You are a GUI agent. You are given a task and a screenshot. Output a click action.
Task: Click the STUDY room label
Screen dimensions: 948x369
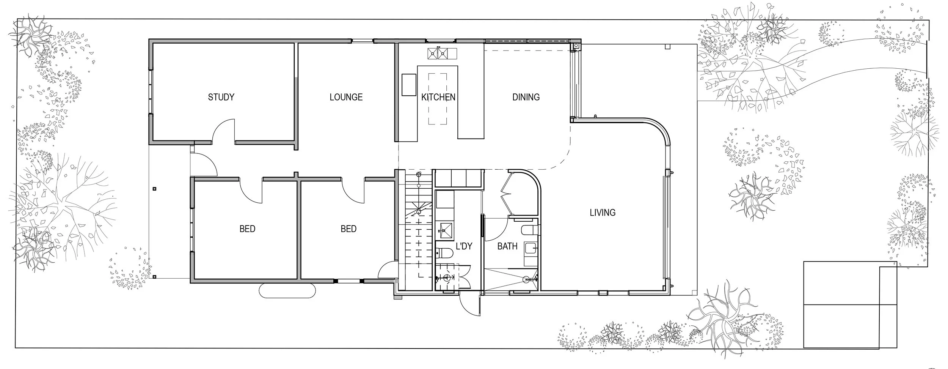(221, 97)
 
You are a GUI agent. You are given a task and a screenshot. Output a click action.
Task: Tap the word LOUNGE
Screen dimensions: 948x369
(346, 97)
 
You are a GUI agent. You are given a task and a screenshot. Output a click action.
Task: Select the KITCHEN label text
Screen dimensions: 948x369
(438, 97)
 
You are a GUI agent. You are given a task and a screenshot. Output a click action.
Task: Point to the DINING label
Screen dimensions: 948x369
(526, 97)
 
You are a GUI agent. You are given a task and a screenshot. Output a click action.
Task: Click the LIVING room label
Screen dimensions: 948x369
(603, 213)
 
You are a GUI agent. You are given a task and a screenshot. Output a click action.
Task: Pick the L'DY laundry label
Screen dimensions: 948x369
(464, 246)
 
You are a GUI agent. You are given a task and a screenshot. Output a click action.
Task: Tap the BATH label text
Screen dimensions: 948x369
(507, 246)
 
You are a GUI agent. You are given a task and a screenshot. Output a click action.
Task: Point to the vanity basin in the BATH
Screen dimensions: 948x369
(531, 249)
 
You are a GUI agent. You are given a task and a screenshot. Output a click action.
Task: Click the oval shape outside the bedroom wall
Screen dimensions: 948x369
(287, 291)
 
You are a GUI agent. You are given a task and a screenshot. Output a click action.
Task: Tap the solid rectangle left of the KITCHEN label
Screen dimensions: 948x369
(409, 85)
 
